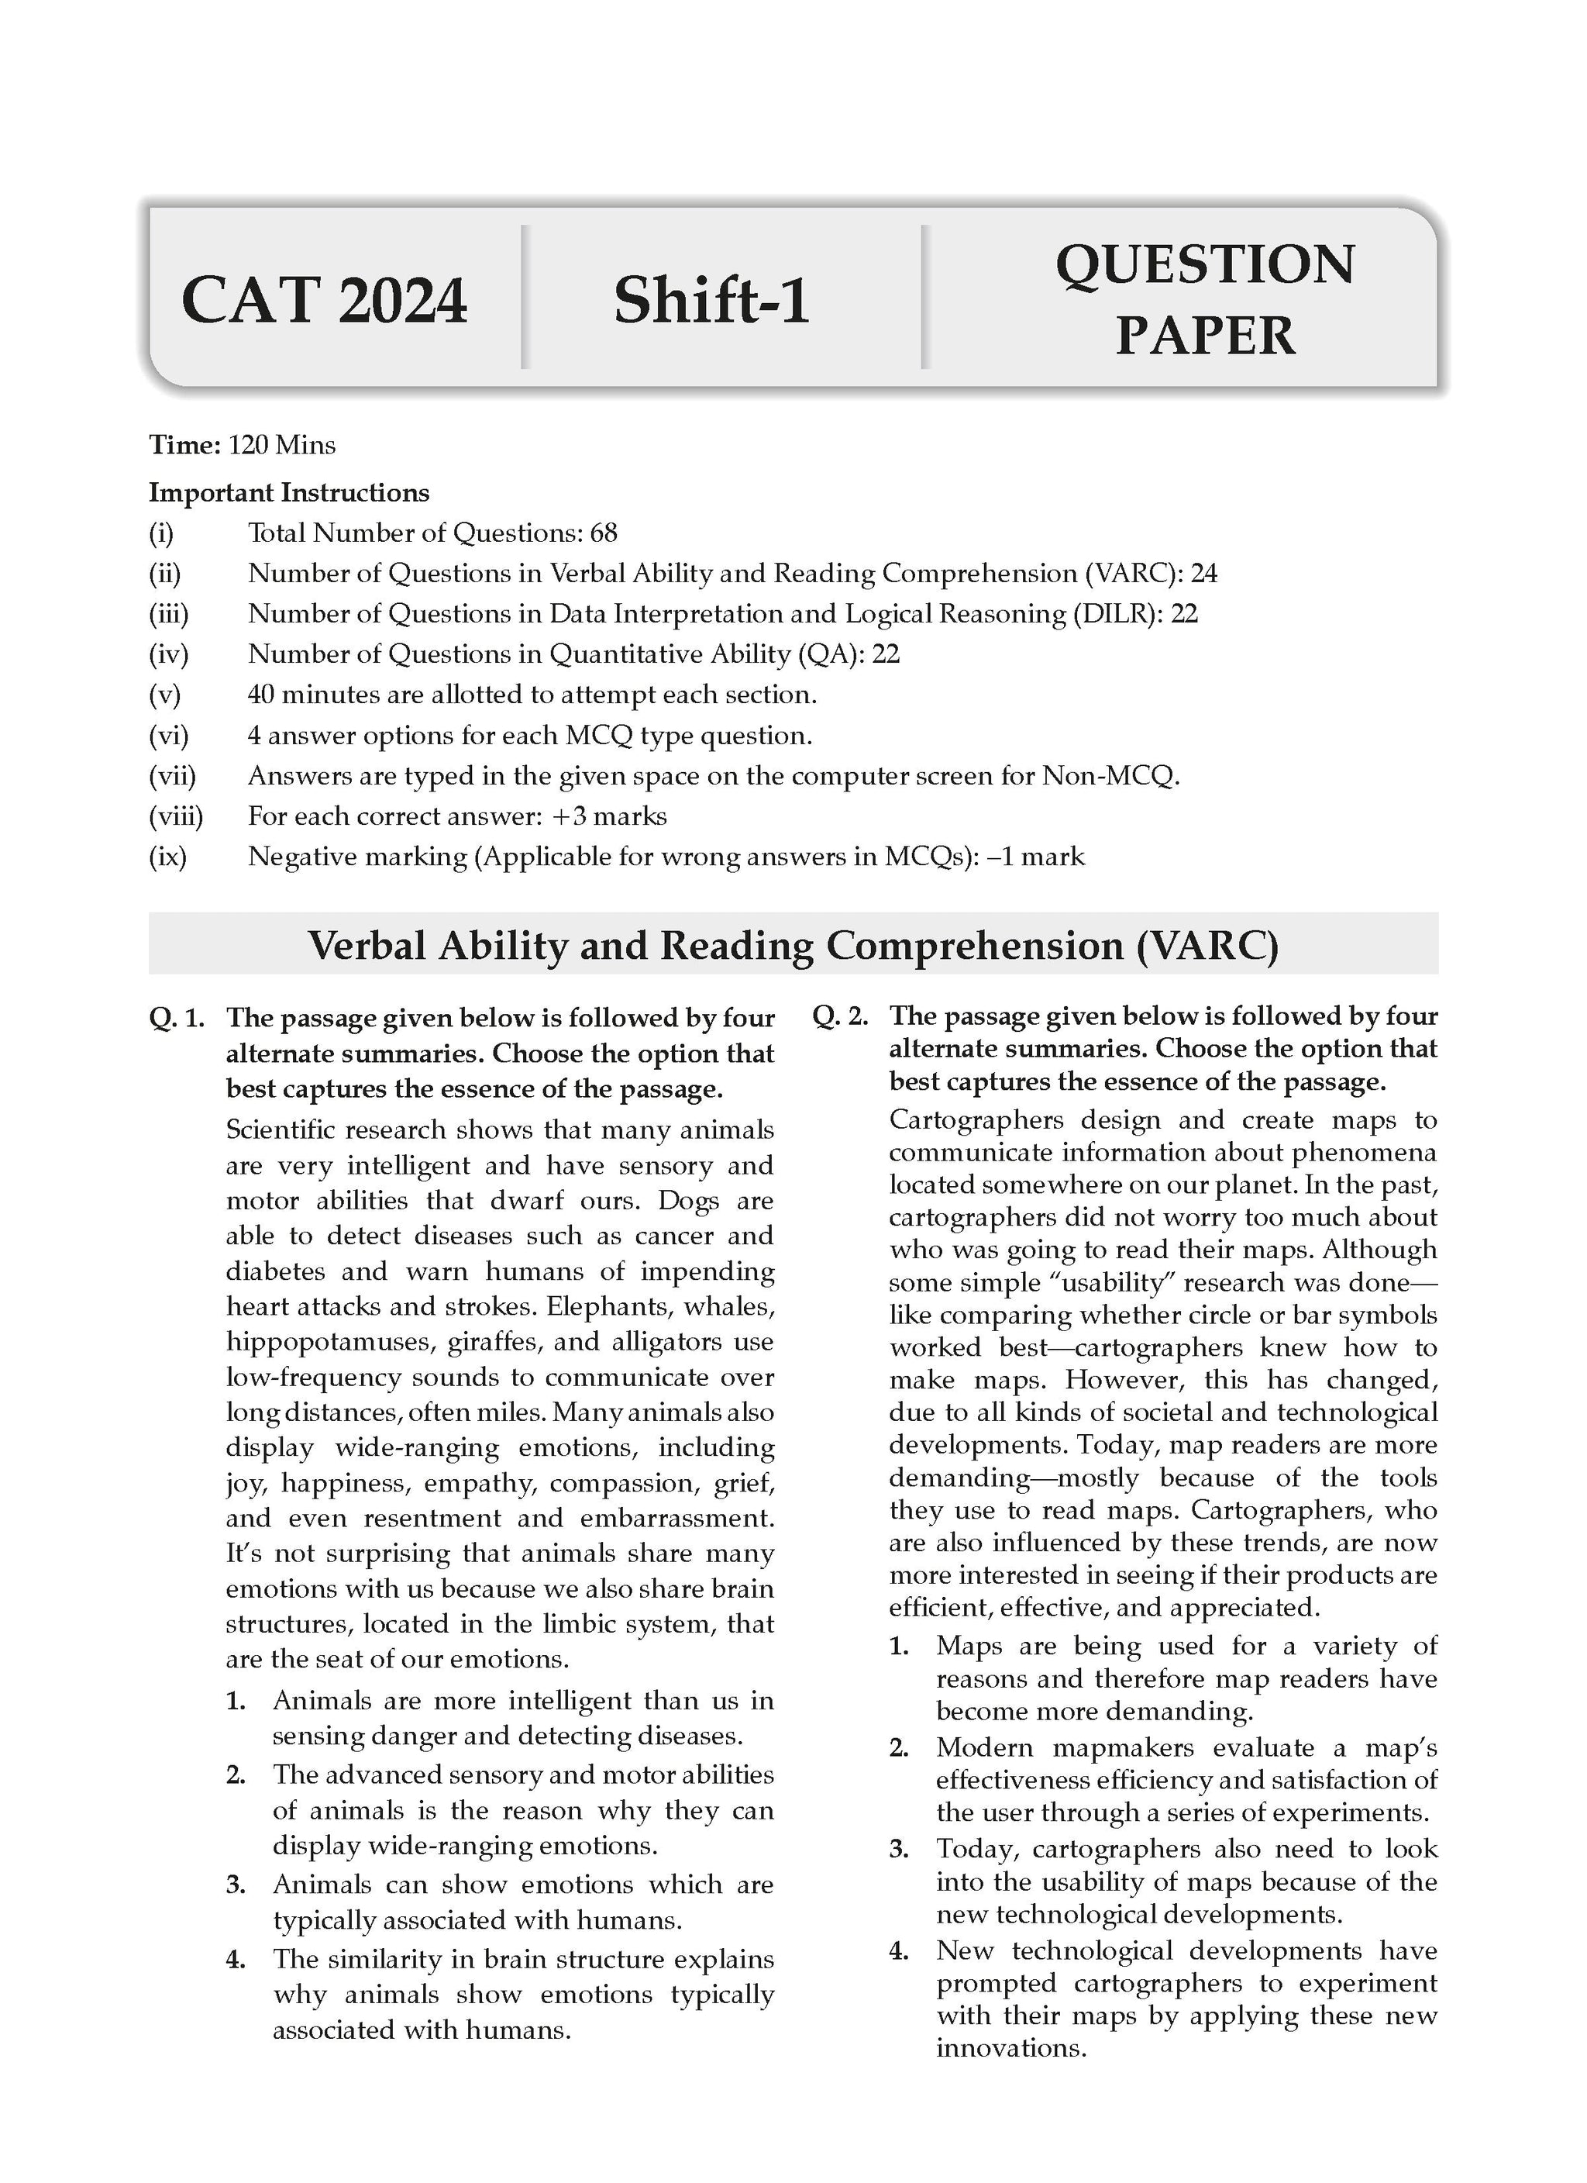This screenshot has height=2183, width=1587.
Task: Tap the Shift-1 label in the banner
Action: pyautogui.click(x=711, y=300)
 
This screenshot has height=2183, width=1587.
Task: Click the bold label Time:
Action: pyautogui.click(x=184, y=445)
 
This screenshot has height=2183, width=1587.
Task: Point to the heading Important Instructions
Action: pyautogui.click(x=289, y=493)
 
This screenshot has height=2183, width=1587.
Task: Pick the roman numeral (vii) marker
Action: pyautogui.click(x=171, y=776)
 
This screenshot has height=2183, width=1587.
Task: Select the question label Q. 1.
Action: pyautogui.click(x=177, y=1019)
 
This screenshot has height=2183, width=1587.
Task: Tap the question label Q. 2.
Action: pyautogui.click(x=840, y=1016)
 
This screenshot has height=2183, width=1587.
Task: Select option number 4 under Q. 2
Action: pyautogui.click(x=900, y=1951)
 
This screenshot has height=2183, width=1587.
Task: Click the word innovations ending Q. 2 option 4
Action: pyautogui.click(x=1010, y=2048)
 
